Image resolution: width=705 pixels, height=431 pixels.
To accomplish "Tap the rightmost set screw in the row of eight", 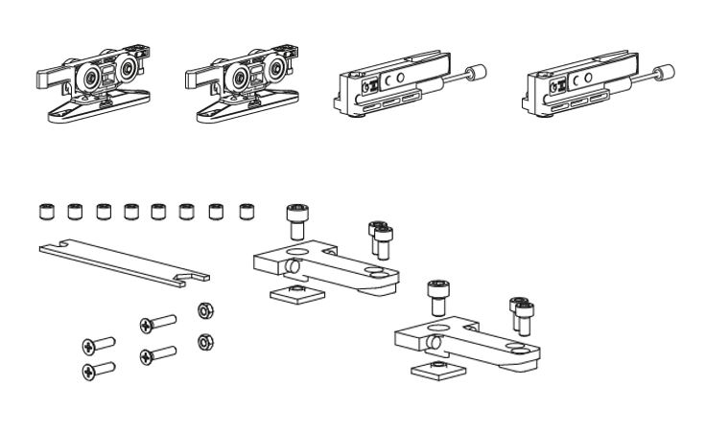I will [247, 211].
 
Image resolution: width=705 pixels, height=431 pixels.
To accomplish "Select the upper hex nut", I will [204, 310].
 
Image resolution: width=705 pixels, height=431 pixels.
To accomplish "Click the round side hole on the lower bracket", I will [435, 342].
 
